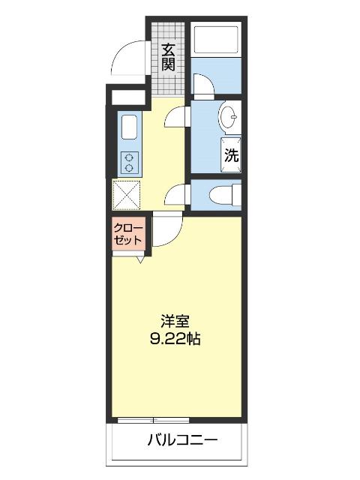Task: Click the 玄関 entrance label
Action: (168, 57)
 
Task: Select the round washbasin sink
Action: (229, 118)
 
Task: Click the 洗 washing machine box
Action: (232, 155)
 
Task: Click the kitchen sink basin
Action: (128, 127)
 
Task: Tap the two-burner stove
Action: (129, 162)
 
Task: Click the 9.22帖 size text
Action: (175, 339)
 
